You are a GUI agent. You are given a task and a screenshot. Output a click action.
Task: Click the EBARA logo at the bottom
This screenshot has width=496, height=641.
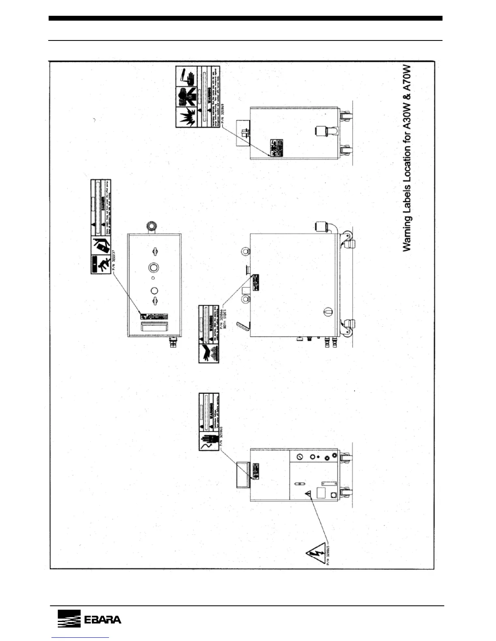89,620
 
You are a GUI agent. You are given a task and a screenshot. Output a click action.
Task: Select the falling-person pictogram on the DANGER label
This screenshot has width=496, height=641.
100,265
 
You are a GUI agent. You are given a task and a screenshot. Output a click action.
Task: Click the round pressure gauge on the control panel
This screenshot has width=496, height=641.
299,457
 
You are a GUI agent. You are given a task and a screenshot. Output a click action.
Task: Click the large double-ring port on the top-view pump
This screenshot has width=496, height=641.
154,267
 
